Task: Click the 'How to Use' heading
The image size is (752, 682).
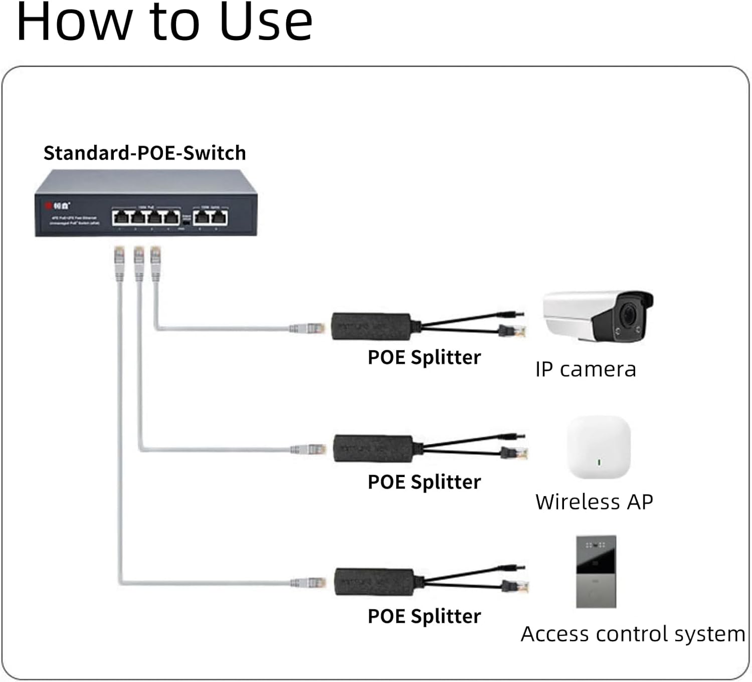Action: tap(164, 22)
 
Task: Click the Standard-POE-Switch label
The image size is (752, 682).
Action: tap(144, 153)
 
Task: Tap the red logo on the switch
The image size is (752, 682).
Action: tap(49, 205)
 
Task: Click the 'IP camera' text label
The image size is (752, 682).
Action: tap(585, 369)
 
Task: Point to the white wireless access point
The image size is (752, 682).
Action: tap(598, 447)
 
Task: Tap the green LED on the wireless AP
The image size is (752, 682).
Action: tap(599, 462)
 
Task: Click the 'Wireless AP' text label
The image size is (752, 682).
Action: tap(594, 502)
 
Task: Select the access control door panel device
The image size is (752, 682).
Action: tap(596, 571)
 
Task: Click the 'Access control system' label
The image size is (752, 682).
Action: tap(633, 634)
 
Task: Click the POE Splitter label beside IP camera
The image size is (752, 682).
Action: tap(424, 357)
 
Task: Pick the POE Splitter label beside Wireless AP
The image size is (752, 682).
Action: tap(424, 482)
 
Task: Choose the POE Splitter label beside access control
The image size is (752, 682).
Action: tap(424, 616)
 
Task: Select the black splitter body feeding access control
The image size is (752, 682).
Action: tap(374, 582)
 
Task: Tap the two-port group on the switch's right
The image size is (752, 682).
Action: tap(211, 217)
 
